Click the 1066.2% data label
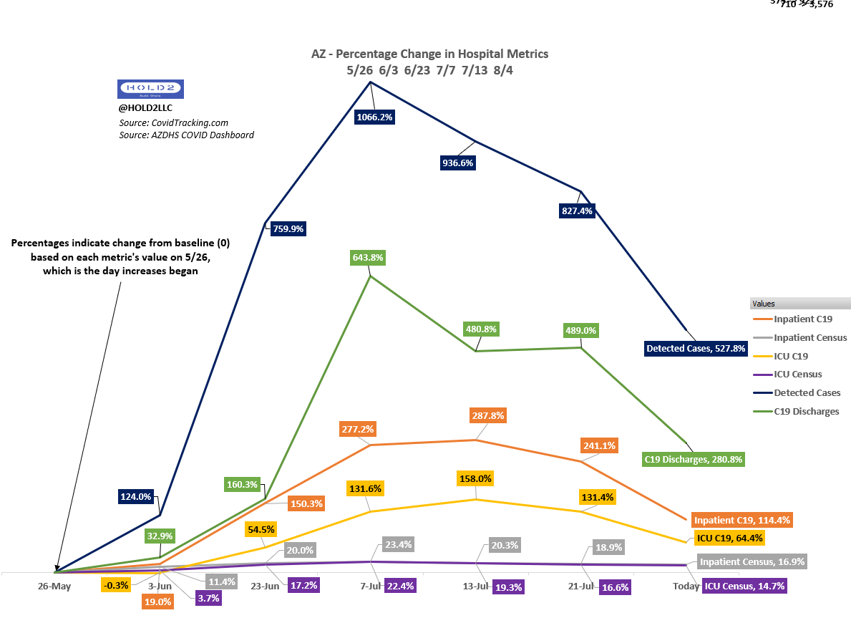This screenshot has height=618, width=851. [x=374, y=117]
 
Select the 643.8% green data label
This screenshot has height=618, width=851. [x=369, y=257]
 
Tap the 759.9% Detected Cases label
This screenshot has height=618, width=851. [x=288, y=229]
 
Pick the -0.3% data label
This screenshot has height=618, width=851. [x=116, y=585]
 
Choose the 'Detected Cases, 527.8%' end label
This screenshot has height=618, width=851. [x=696, y=349]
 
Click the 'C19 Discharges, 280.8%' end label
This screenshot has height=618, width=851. [x=694, y=459]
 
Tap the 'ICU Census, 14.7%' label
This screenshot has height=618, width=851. [x=744, y=586]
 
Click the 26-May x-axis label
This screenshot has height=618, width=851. [x=54, y=586]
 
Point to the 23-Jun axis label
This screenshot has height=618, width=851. [x=265, y=586]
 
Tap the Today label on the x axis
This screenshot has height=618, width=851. [x=686, y=586]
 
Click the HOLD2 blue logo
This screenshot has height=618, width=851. [x=150, y=90]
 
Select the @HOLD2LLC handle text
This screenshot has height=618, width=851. [x=145, y=108]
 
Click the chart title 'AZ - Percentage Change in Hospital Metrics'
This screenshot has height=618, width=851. [x=429, y=54]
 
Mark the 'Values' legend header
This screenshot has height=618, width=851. [x=764, y=304]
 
